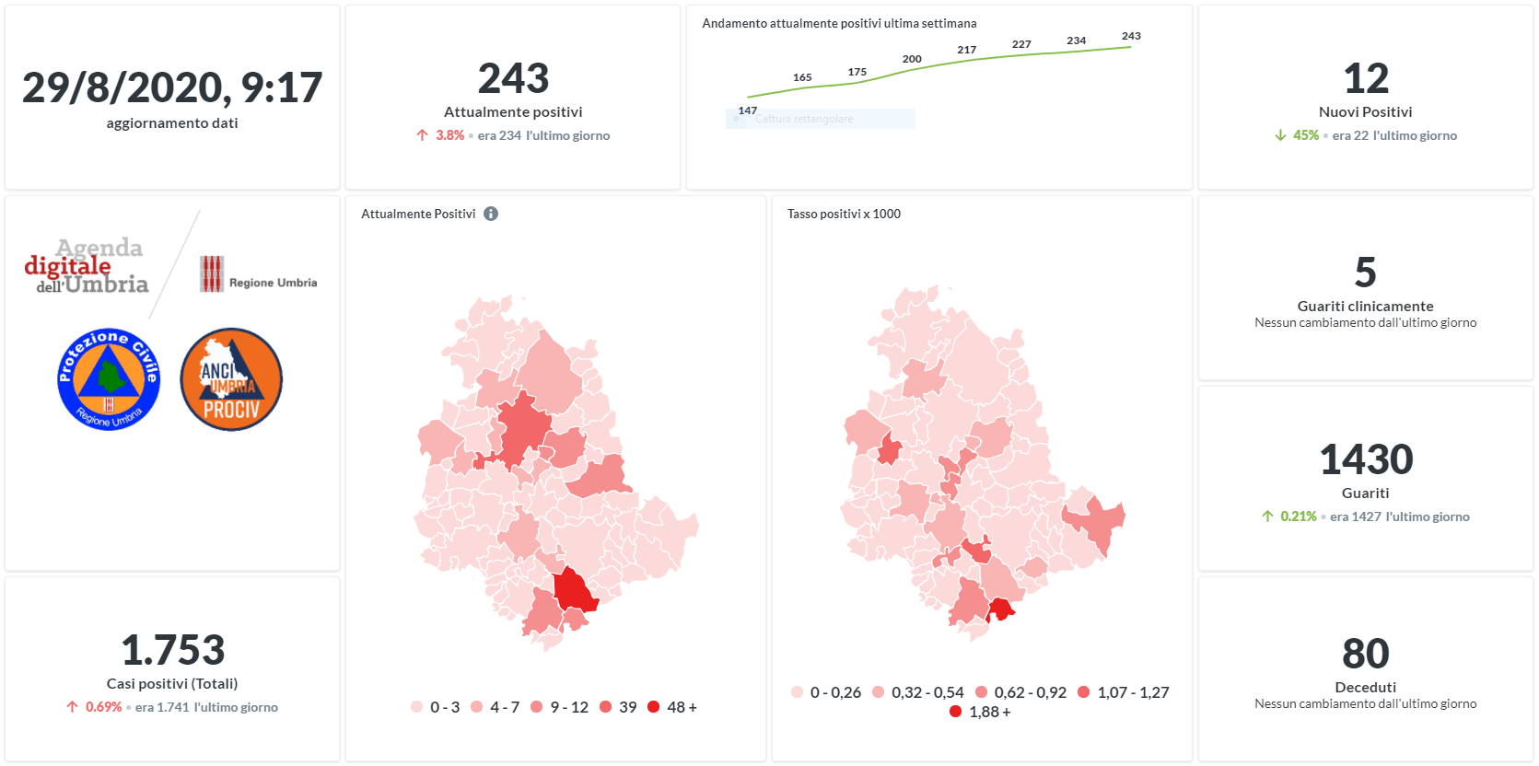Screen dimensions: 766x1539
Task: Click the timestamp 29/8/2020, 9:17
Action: pyautogui.click(x=172, y=88)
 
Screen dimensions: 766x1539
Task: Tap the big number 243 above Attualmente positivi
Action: pyautogui.click(x=513, y=79)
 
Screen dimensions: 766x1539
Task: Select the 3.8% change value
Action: pyautogui.click(x=449, y=135)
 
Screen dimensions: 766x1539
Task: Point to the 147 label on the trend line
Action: pyautogui.click(x=747, y=110)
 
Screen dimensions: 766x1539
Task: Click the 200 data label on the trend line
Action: pyautogui.click(x=912, y=59)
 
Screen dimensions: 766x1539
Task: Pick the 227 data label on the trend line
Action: pyautogui.click(x=1021, y=44)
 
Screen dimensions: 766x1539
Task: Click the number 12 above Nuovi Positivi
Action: pyautogui.click(x=1366, y=79)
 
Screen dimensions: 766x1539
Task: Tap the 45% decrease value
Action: pyautogui.click(x=1305, y=135)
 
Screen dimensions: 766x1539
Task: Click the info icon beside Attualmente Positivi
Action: pyautogui.click(x=491, y=214)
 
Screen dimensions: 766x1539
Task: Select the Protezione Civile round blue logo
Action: pyautogui.click(x=109, y=379)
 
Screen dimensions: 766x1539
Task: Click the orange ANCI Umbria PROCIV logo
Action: pyautogui.click(x=231, y=379)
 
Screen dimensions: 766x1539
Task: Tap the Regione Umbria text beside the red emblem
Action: pyautogui.click(x=273, y=283)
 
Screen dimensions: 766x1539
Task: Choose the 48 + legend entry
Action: pyautogui.click(x=673, y=707)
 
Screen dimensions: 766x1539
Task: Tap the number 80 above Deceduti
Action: pyautogui.click(x=1366, y=655)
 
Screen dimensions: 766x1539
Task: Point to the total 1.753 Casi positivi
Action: pyautogui.click(x=172, y=651)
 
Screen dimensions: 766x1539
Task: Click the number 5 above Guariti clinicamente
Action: pyautogui.click(x=1366, y=273)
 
